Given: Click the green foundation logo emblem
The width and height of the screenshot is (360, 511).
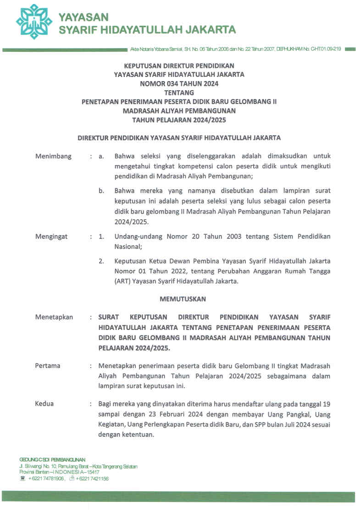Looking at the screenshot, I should point(34,22).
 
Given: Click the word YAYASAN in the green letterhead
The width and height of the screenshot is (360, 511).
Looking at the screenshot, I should point(83,17).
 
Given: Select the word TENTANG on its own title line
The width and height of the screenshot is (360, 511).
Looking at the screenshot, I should point(179,92).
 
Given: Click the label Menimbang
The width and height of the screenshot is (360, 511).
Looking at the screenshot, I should point(53,156).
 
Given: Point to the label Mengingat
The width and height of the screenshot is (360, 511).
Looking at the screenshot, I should point(51,236).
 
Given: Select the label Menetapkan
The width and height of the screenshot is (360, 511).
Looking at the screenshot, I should point(54,317).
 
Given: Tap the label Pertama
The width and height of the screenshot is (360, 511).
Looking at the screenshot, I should point(48,366).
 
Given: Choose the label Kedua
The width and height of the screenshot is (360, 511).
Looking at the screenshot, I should point(44,404).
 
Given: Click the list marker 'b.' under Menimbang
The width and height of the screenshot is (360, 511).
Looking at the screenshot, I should point(101,190).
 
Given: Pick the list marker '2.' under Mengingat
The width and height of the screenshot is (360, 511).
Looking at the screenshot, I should point(101,261).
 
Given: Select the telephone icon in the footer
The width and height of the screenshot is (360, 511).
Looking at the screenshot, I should point(22,478).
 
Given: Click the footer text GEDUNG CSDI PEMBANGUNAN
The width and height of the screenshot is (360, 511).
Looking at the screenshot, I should point(52,459).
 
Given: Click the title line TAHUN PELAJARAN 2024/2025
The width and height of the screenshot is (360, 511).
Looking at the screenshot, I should point(179,120).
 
